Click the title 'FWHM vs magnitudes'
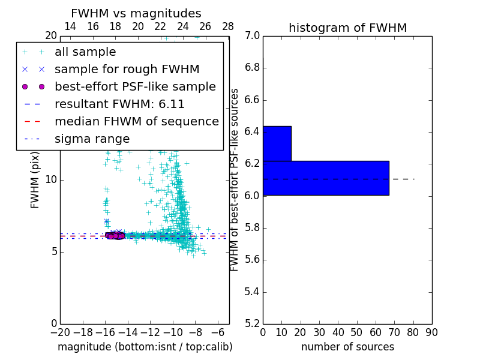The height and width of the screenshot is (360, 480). click(x=136, y=13)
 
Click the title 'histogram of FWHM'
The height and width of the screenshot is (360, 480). click(x=347, y=28)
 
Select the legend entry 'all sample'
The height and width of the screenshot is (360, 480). click(x=85, y=52)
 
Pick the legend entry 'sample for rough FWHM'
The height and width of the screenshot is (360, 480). click(x=127, y=69)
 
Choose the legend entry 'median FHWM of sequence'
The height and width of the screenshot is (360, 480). click(x=136, y=121)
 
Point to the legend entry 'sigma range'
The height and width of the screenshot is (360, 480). click(x=92, y=139)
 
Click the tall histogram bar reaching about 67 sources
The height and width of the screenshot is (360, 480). click(x=326, y=178)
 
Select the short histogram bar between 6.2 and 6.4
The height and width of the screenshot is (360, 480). click(x=277, y=143)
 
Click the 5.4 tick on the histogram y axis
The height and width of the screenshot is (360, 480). click(x=252, y=292)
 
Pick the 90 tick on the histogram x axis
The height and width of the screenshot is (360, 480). click(x=431, y=332)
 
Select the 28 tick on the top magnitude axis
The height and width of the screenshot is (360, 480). click(x=228, y=26)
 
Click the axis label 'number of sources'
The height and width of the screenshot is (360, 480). click(x=347, y=347)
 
